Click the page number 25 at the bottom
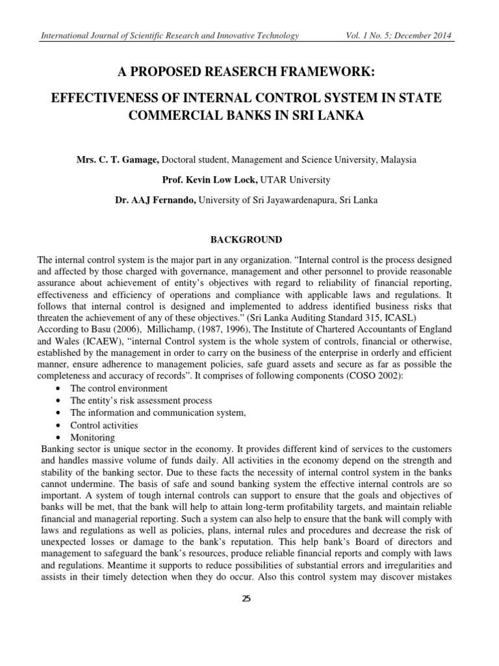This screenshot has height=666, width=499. (x=246, y=599)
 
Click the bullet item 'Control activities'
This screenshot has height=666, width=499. (x=104, y=425)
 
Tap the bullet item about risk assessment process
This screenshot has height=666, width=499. (x=141, y=401)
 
